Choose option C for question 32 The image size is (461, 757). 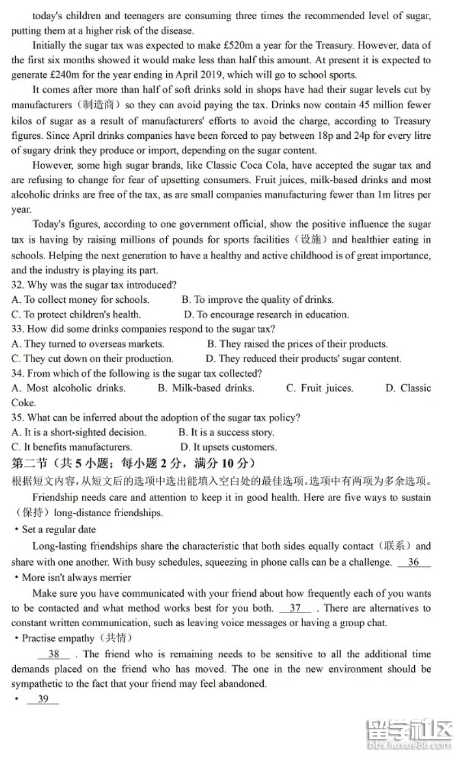pos(76,314)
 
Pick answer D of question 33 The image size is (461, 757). pos(303,358)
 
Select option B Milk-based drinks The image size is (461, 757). pos(206,388)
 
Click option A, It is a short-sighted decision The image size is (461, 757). pos(78,432)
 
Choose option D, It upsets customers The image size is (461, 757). pos(228,447)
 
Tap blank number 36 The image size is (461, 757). pos(414,562)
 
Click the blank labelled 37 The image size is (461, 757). pos(295,608)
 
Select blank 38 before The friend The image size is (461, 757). pos(54,654)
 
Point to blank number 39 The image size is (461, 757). pos(43,699)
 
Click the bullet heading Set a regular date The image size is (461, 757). pos(59,530)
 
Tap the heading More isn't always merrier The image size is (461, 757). pos(76,577)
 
